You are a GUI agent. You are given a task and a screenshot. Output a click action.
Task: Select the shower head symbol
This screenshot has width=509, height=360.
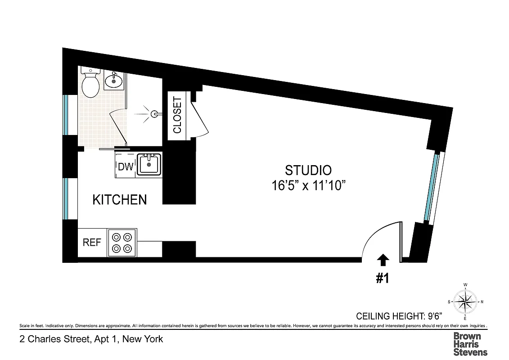[154, 114]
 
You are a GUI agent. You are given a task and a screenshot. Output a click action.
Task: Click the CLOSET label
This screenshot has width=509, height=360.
[177, 115]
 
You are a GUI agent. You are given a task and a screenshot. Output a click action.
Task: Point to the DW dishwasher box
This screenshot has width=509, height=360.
[126, 167]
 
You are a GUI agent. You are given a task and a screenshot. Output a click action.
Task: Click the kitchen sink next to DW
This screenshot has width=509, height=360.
[148, 165]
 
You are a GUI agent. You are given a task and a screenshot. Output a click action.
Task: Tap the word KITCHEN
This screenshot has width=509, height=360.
[120, 200]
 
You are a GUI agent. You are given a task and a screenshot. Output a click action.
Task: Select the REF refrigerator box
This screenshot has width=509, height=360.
[92, 243]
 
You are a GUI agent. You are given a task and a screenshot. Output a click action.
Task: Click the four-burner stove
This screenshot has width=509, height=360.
[122, 243]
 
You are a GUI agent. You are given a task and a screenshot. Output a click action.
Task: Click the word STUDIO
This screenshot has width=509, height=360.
[308, 170]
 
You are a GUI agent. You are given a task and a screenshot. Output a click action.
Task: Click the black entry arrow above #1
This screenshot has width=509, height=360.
[383, 260]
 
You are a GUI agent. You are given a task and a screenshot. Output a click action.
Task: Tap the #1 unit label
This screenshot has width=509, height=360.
[382, 279]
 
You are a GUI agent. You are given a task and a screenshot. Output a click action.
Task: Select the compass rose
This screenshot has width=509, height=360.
[465, 301]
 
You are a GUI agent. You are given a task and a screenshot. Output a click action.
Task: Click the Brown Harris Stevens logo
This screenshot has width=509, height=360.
[470, 344]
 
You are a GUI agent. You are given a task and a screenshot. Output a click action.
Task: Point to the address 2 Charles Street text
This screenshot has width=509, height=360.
[91, 339]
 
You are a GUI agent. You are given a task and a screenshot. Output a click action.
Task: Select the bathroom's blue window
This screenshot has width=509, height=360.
[66, 115]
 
